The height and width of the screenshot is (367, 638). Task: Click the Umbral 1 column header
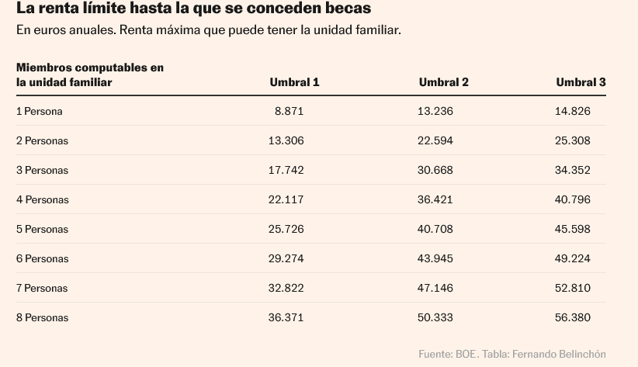(294, 82)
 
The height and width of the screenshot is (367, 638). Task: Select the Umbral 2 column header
(443, 82)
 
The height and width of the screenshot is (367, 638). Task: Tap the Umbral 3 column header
(581, 82)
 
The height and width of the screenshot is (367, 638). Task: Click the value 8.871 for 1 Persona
(289, 111)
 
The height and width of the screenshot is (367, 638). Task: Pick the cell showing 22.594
(435, 140)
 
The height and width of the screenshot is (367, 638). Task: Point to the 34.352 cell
(572, 170)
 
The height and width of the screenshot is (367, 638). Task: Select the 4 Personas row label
(42, 199)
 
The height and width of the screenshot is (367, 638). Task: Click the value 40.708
(435, 229)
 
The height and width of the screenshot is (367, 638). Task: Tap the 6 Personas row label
(42, 258)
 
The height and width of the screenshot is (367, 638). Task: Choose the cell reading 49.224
(572, 258)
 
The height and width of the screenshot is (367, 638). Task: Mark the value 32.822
(286, 288)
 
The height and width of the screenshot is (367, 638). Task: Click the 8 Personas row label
(42, 317)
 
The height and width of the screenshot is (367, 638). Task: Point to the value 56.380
(572, 317)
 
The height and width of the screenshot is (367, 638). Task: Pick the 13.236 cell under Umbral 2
(435, 111)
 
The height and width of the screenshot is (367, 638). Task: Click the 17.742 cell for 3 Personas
(286, 170)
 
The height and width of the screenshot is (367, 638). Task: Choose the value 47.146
(435, 288)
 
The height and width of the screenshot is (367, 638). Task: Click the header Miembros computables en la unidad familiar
(89, 74)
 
